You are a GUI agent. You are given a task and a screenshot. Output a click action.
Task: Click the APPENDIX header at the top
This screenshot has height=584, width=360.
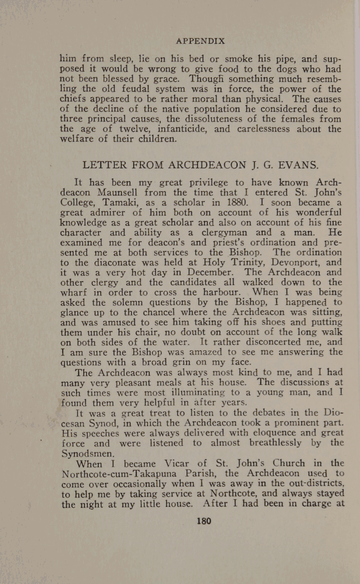(200, 41)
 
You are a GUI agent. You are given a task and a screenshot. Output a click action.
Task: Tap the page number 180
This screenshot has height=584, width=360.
(204, 521)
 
